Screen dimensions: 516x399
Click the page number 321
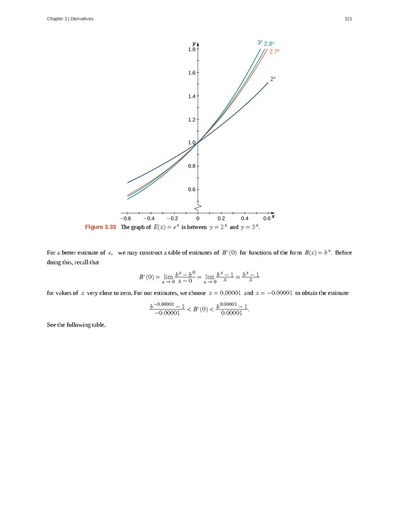[348, 19]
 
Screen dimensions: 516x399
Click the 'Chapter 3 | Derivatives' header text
[70, 19]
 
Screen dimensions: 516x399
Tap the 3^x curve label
[260, 42]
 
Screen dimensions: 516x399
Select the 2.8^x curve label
[269, 44]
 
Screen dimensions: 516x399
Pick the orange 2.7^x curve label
[274, 52]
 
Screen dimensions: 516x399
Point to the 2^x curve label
[273, 79]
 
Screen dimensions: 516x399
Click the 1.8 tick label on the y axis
[192, 49]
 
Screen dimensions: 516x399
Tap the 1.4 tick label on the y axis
[192, 96]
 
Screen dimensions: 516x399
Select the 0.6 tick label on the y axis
[192, 189]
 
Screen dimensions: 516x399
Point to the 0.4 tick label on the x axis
[244, 219]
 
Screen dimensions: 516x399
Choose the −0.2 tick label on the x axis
[174, 219]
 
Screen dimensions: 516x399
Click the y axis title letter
[194, 43]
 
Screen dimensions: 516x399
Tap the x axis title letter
[273, 216]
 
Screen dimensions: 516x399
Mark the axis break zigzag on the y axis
[198, 207]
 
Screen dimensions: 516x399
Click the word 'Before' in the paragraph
[343, 253]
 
